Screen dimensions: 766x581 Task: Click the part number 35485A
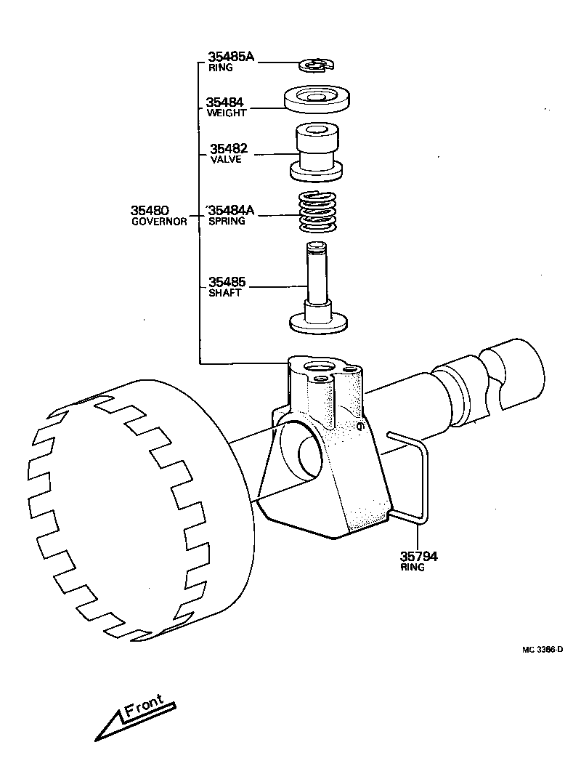coord(231,57)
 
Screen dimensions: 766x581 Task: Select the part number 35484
coord(224,102)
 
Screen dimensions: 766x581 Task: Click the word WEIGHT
coord(227,113)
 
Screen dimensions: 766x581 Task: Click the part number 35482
coord(228,148)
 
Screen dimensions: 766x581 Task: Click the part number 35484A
coord(232,210)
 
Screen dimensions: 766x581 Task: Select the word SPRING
coord(227,221)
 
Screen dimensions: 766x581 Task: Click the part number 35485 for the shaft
coord(227,281)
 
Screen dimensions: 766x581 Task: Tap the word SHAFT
coord(224,292)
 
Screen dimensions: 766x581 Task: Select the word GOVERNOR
coord(158,221)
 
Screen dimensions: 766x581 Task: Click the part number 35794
coord(419,557)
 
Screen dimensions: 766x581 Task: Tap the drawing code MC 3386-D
coord(541,648)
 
